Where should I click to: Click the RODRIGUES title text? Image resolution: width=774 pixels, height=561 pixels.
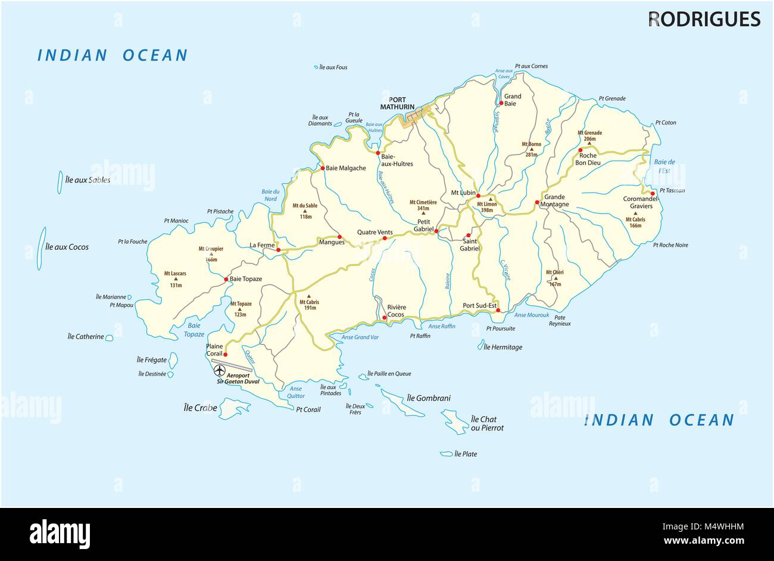(704, 20)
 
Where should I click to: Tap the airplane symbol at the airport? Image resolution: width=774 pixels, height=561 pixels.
(220, 370)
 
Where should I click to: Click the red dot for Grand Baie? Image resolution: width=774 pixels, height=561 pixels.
(501, 104)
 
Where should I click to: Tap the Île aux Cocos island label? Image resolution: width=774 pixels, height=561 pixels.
(67, 247)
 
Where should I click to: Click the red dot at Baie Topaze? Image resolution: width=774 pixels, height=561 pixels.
(226, 279)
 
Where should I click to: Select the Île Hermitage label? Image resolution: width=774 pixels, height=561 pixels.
(503, 347)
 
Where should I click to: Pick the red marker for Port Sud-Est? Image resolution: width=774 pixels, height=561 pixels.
(498, 311)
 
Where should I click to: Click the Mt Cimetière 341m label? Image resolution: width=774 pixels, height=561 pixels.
(423, 205)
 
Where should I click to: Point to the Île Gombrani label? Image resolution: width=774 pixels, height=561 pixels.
(429, 398)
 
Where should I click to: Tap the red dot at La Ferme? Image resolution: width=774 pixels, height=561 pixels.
(278, 250)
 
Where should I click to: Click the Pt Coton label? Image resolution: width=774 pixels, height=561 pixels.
(665, 123)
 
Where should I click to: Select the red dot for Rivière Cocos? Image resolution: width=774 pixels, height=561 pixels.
(385, 318)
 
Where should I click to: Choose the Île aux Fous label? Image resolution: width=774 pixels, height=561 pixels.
(333, 67)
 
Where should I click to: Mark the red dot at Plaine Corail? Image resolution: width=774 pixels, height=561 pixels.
(225, 354)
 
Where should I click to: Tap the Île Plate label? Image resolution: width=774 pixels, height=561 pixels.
(466, 454)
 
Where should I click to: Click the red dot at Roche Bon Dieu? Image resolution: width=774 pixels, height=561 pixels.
(580, 150)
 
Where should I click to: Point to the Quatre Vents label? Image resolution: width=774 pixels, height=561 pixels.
(374, 232)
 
